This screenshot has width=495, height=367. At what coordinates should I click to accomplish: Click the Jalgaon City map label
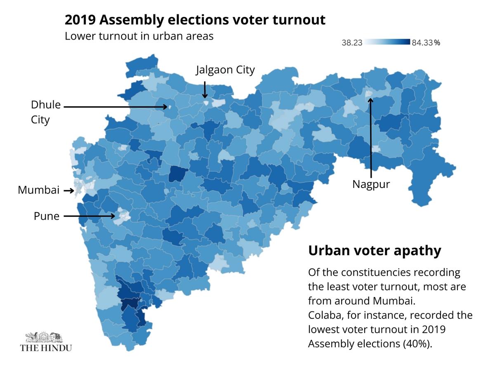pos(225,70)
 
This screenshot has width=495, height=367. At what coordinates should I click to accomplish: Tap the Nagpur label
pos(371,184)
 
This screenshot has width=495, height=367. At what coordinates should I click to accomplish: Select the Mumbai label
pos(39,191)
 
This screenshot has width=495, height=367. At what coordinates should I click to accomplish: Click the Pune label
pos(47,216)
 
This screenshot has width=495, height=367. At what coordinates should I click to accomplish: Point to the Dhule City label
pos(45,112)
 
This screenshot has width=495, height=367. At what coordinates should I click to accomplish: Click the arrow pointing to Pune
pos(90,216)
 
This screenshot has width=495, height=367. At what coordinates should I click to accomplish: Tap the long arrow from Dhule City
pos(115,107)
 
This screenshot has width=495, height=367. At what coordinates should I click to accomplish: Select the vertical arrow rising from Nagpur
pos(370,136)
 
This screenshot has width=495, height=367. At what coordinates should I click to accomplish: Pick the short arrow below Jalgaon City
pos(205,89)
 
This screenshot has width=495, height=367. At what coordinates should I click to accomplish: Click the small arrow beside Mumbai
pos(68,191)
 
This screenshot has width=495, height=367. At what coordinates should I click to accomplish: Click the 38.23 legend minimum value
pos(352,42)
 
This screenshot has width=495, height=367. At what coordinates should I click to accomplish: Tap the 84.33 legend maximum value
pos(422,42)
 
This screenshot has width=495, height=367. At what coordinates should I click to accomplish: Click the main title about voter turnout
pos(195,20)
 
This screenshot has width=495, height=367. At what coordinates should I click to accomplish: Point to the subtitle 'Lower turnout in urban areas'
pos(139,36)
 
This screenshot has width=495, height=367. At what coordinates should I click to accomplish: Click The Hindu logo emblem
pos(46,336)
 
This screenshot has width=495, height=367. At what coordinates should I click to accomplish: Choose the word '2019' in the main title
pos(78,20)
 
